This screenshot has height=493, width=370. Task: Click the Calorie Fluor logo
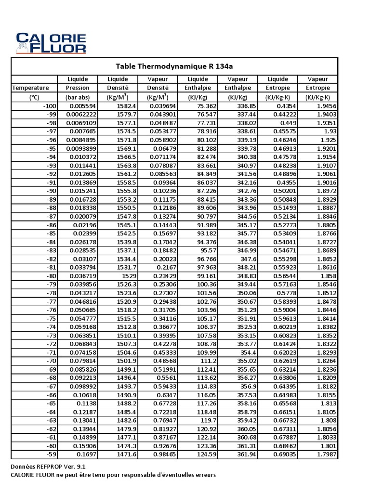pyautogui.click(x=51, y=42)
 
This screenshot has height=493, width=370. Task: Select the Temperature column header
pyautogui.click(x=30, y=88)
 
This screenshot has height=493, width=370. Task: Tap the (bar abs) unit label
pyautogui.click(x=78, y=97)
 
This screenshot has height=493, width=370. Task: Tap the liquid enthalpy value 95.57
pyautogui.click(x=207, y=251)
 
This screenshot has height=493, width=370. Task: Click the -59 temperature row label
pyautogui.click(x=50, y=454)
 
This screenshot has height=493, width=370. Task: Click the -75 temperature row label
pyautogui.click(x=50, y=319)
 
